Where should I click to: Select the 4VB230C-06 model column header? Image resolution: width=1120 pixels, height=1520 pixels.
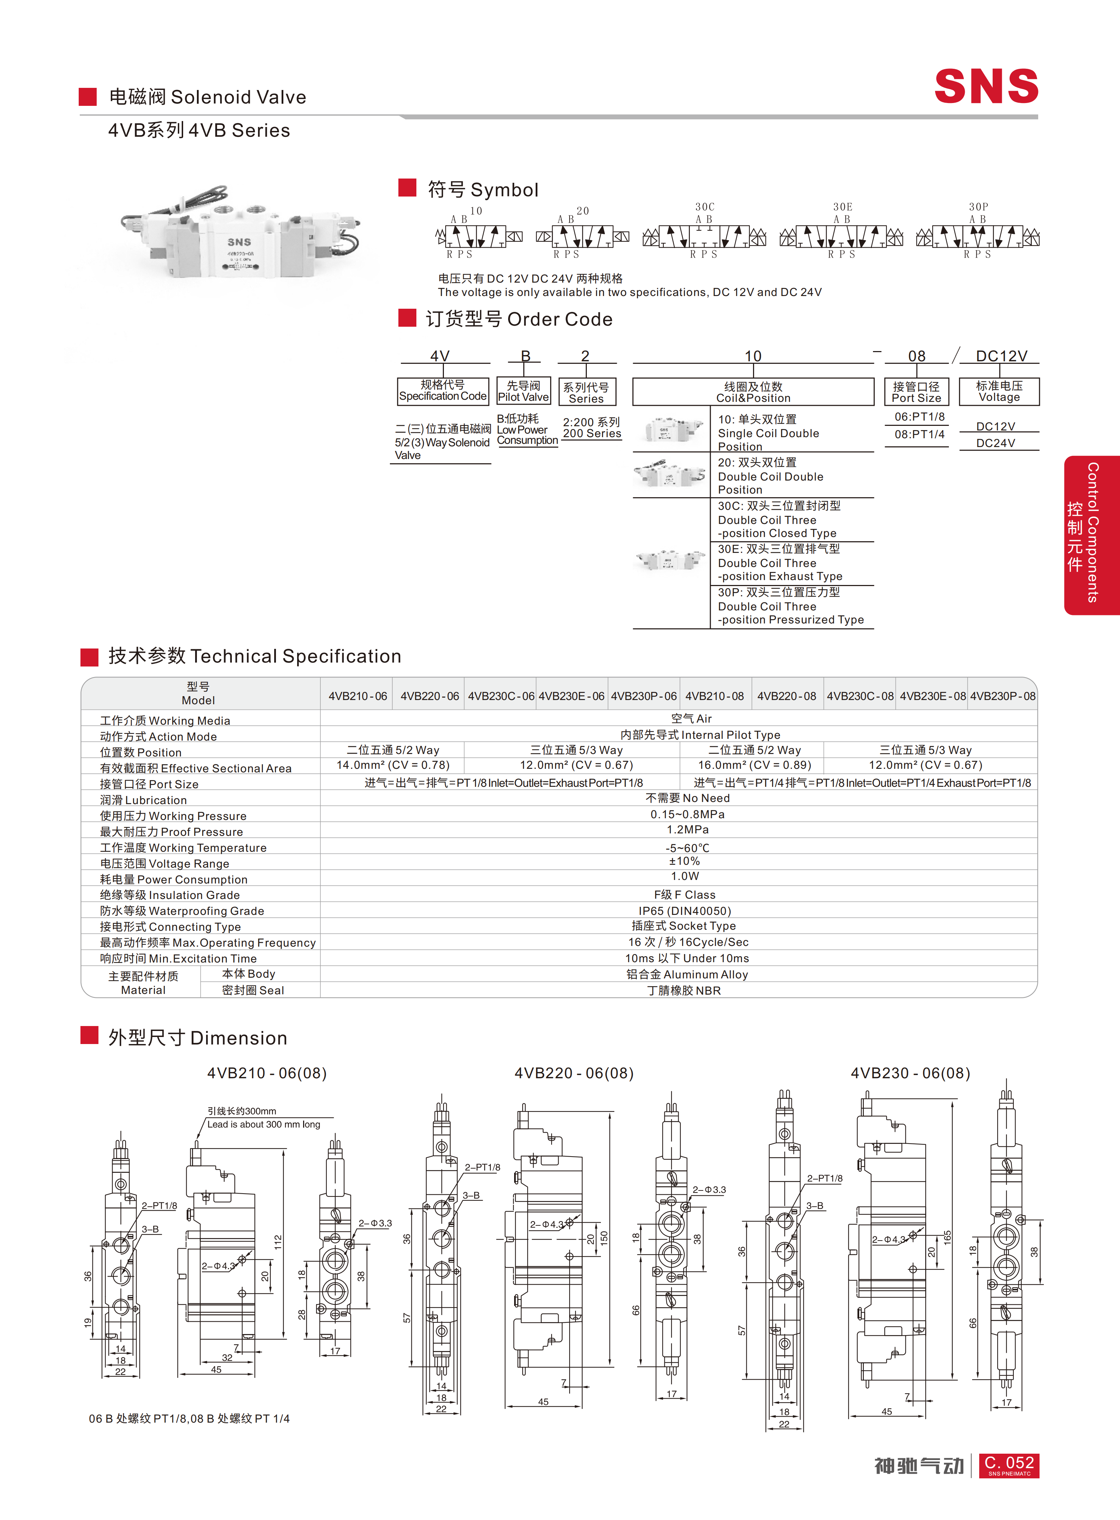tap(501, 695)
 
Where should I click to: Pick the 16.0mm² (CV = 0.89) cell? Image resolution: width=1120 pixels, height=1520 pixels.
tap(754, 765)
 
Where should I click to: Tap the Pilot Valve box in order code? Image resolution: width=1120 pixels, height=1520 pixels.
tap(523, 391)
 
